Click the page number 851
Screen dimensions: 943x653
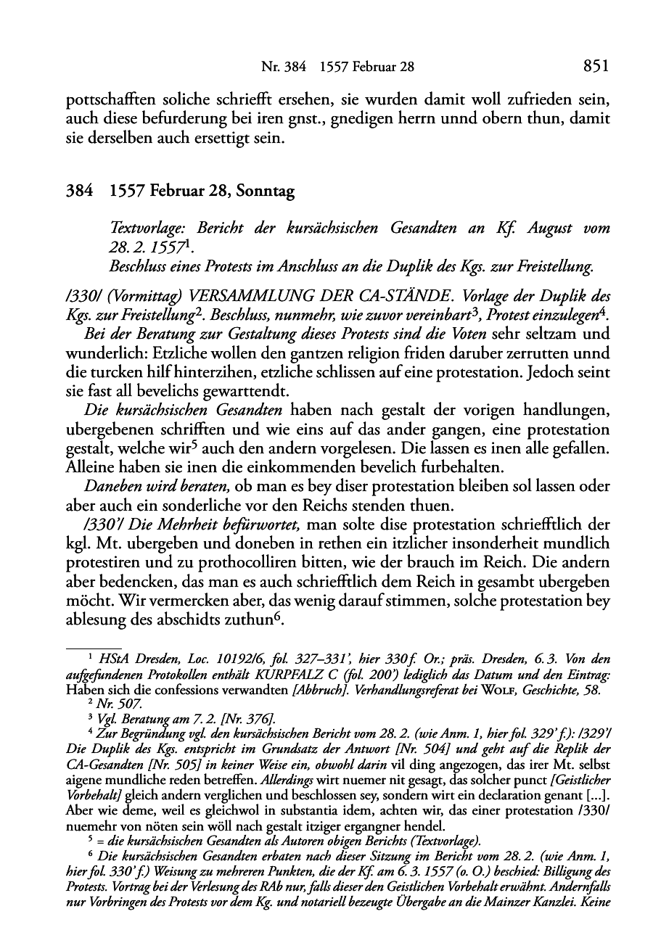click(x=594, y=67)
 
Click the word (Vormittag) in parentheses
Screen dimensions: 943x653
click(x=138, y=297)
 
